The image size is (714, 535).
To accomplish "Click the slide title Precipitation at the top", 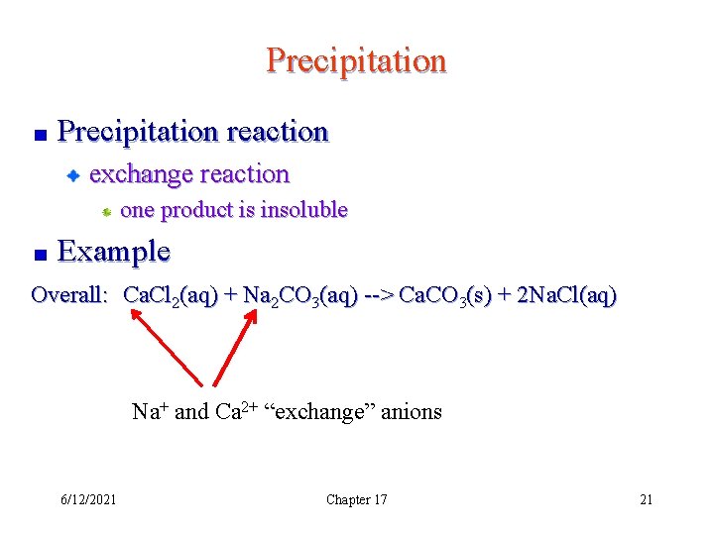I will (x=356, y=61).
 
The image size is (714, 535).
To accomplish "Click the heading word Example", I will (x=114, y=252).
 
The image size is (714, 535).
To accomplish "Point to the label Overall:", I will (x=68, y=294).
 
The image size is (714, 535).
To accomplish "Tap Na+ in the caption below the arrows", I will (x=149, y=411).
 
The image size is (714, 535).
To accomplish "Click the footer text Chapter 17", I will (x=356, y=499).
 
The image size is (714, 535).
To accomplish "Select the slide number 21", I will (x=646, y=499).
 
